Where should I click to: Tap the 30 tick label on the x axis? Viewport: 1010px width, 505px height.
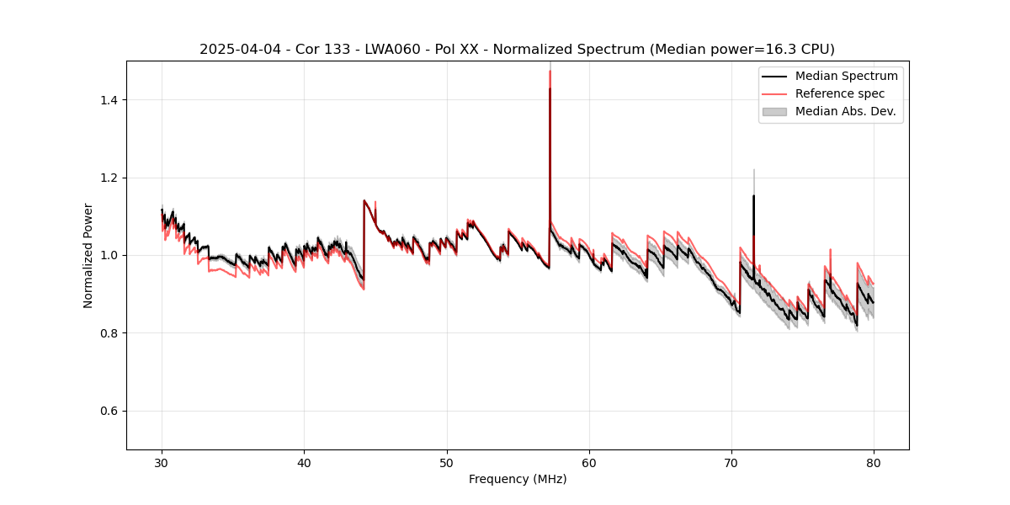click(162, 462)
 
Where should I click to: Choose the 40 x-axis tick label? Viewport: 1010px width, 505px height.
click(304, 462)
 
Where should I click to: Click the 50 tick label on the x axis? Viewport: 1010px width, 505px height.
click(446, 462)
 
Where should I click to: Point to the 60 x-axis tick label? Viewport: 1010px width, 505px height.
click(589, 462)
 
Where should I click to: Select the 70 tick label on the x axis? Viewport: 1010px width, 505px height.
click(731, 462)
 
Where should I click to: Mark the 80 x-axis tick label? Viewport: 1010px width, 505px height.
click(874, 462)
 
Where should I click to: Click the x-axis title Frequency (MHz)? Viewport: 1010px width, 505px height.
click(518, 479)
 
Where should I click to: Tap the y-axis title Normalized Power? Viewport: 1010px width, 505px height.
click(88, 255)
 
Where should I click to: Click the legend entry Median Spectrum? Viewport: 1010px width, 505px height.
click(846, 76)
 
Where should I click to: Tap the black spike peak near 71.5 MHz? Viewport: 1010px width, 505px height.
click(753, 196)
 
